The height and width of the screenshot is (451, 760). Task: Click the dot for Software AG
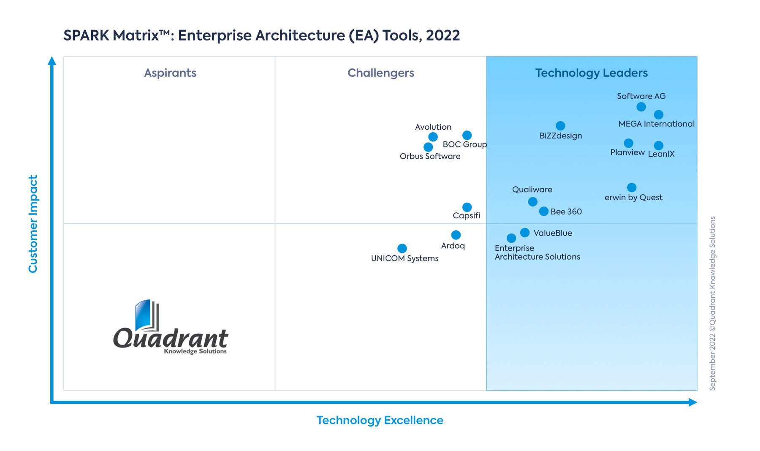641,107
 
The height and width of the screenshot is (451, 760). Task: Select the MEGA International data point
658,114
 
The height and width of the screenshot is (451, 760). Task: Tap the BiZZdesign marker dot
560,126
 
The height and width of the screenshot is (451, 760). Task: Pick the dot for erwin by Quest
632,187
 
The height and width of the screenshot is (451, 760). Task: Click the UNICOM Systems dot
402,248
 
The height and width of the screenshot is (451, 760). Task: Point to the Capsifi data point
467,207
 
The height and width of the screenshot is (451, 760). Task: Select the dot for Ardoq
456,235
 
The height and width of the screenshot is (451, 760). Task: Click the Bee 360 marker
544,211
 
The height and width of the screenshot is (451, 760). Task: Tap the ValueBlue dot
525,233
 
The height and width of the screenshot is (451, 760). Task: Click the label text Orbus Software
430,156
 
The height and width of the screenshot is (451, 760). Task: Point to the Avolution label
433,127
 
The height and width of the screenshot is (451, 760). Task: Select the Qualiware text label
532,190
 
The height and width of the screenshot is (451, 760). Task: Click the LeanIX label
661,154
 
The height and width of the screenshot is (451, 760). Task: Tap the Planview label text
627,152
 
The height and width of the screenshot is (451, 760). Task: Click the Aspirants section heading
170,73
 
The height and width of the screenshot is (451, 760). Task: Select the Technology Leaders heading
591,73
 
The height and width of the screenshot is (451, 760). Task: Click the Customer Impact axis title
33,224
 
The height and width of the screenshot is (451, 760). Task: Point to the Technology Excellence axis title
380,420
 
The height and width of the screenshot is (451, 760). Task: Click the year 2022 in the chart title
442,35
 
